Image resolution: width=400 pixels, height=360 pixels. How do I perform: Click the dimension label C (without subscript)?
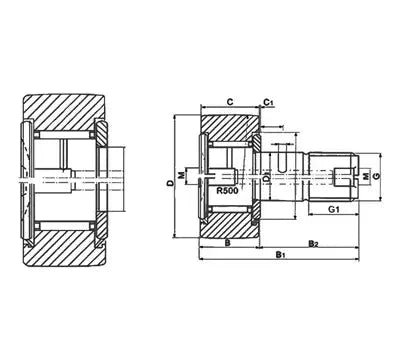[x=229, y=101]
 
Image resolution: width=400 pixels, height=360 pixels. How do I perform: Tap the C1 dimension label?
[x=269, y=101]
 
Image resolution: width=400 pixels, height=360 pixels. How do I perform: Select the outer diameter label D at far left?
[x=170, y=184]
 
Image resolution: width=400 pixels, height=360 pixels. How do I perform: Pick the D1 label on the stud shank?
[x=267, y=178]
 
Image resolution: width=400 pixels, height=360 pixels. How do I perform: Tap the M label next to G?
[x=366, y=177]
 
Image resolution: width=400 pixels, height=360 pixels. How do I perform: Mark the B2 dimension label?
[x=312, y=243]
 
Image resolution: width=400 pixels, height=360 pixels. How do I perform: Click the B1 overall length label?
[x=281, y=257]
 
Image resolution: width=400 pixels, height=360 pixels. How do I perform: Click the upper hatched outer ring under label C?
[x=229, y=124]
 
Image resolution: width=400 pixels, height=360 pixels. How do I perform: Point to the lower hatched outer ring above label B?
[x=229, y=224]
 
